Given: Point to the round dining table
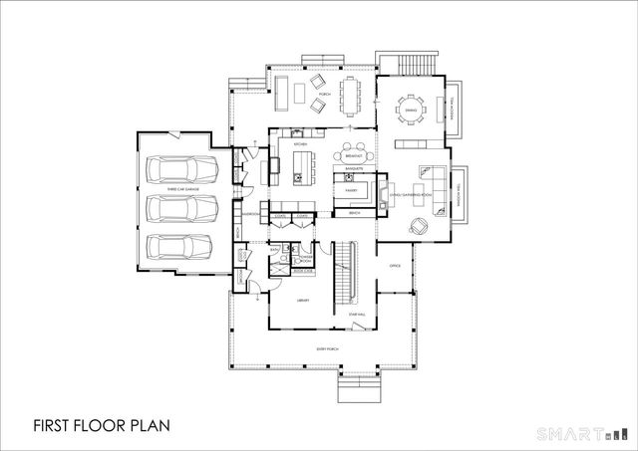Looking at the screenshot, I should tap(411, 111).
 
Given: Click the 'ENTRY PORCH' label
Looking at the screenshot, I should tap(327, 348).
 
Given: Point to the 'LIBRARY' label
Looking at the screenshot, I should tap(305, 300).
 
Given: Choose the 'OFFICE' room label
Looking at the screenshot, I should tap(394, 266).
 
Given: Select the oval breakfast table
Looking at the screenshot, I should tap(352, 154).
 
